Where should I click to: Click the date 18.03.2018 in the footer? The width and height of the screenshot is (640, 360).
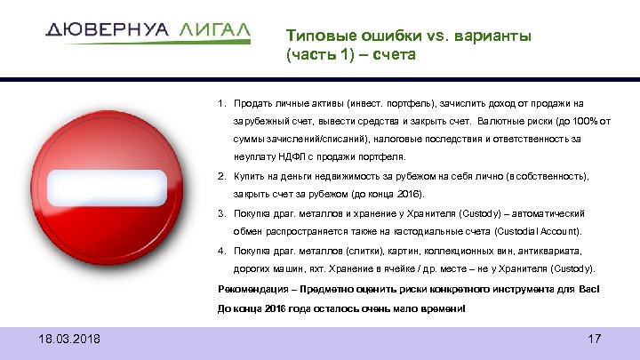[70, 339]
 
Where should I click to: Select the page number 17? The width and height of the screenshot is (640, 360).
[595, 339]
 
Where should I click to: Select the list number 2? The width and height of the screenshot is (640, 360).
[221, 177]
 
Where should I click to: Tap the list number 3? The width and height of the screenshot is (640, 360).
[221, 214]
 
